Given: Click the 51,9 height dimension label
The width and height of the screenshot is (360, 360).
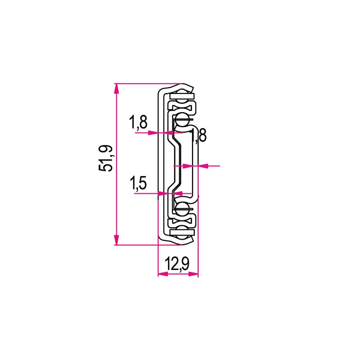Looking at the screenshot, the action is (106, 158).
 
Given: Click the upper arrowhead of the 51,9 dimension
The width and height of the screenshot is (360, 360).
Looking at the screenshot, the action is (117, 88).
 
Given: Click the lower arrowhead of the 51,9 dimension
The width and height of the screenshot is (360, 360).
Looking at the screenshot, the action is (117, 240).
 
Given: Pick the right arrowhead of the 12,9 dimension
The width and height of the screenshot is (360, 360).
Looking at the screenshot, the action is (193, 274).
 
